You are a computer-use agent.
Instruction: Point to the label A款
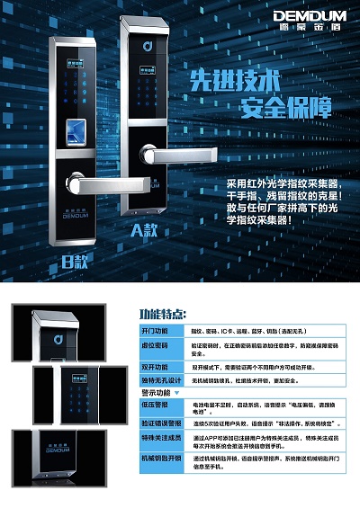click(145, 229)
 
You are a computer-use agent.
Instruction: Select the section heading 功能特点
click(163, 314)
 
